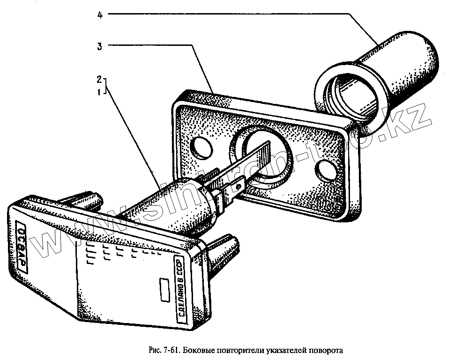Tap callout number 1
tap(99, 92)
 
